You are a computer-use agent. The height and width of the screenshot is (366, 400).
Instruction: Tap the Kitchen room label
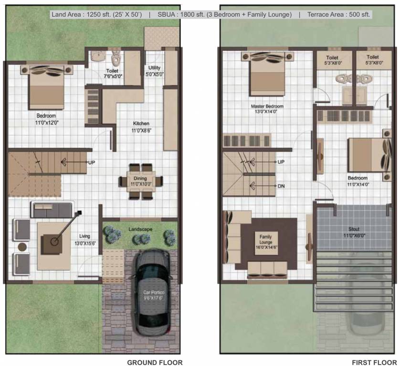click(x=141, y=123)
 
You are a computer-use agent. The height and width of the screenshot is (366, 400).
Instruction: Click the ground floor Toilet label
click(x=113, y=71)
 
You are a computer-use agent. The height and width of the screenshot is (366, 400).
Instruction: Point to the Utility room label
click(x=154, y=68)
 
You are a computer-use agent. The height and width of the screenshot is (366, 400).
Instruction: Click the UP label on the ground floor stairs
click(x=92, y=163)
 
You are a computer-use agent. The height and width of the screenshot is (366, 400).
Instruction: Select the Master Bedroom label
click(x=267, y=106)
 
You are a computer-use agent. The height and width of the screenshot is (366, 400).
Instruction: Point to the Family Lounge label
click(x=265, y=239)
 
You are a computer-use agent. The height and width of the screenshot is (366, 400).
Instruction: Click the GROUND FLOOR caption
click(x=155, y=362)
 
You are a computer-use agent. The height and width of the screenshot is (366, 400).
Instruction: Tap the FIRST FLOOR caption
click(x=374, y=362)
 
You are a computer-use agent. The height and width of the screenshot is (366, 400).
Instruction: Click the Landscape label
click(x=140, y=229)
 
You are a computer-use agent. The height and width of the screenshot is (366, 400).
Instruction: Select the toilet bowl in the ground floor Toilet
click(x=116, y=60)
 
